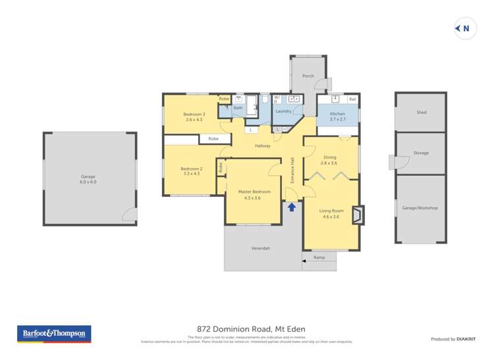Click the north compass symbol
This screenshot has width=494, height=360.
point(465,28)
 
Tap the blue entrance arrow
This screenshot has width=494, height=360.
point(292,207)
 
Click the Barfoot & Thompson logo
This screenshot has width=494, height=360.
point(54,334)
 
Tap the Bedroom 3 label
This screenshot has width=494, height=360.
point(194,116)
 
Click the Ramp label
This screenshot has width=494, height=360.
point(319,257)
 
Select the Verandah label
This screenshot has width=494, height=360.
point(261,248)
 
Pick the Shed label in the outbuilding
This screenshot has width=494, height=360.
point(421,113)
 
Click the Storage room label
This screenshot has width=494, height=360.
point(421,153)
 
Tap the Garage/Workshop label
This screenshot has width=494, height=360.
point(420,208)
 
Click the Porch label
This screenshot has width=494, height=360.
point(308,76)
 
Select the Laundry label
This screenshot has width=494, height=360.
point(283,111)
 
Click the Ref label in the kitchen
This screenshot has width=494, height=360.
point(352,99)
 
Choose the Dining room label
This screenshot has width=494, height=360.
point(329,159)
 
